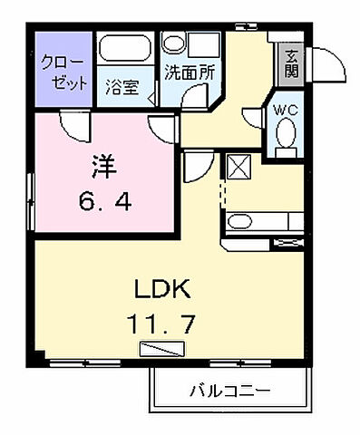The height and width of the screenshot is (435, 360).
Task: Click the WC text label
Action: [x=284, y=111]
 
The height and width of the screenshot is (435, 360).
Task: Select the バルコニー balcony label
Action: [x=229, y=391]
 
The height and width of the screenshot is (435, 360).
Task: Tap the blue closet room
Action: [x=63, y=71]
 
